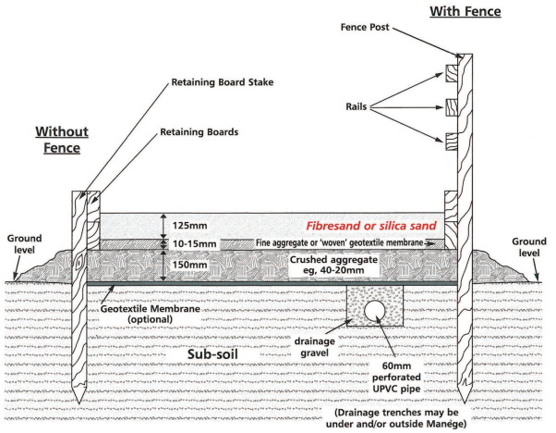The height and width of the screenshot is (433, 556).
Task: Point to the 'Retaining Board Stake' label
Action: click(218, 82)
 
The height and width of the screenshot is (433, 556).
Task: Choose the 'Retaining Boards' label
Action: click(199, 132)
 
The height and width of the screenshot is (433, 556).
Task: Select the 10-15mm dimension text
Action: click(196, 243)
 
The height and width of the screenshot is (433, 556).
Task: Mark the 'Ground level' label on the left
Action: click(25, 243)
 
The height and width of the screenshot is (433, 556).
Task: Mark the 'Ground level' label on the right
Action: click(529, 246)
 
